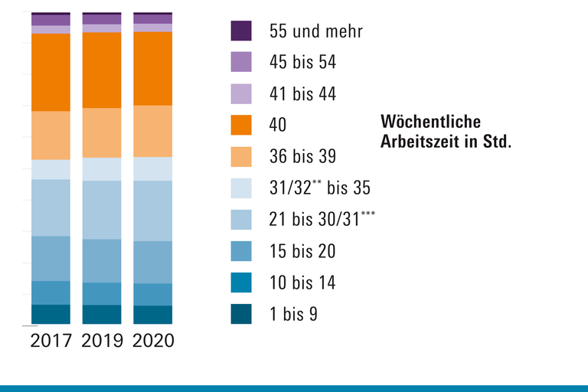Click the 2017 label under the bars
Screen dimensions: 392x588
pyautogui.click(x=51, y=341)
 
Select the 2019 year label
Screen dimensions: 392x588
pyautogui.click(x=102, y=341)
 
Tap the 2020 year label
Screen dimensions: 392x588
pyautogui.click(x=153, y=341)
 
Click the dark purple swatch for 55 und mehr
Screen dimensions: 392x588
pyautogui.click(x=241, y=31)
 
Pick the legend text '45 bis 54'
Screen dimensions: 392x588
pyautogui.click(x=302, y=62)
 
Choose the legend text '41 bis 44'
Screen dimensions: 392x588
pyautogui.click(x=302, y=94)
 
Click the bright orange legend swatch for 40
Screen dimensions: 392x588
pyautogui.click(x=241, y=125)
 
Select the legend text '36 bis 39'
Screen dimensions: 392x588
pyautogui.click(x=302, y=156)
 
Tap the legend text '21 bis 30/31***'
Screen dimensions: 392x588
pyautogui.click(x=322, y=219)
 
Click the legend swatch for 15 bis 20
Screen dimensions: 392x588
pyautogui.click(x=241, y=251)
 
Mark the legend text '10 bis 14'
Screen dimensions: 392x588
pyautogui.click(x=302, y=283)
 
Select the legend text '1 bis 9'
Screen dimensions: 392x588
pyautogui.click(x=293, y=314)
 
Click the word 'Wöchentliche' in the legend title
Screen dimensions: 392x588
pyautogui.click(x=430, y=122)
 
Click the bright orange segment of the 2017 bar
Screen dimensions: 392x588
pyautogui.click(x=51, y=73)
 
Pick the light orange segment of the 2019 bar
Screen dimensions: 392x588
pyautogui.click(x=102, y=132)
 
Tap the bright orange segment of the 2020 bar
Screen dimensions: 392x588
pyautogui.click(x=153, y=68)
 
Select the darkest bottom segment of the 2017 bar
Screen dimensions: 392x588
pyautogui.click(x=51, y=315)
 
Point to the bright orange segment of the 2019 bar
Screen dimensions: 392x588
pyautogui.click(x=102, y=70)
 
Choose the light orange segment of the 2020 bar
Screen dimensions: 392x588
pyautogui.click(x=153, y=131)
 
